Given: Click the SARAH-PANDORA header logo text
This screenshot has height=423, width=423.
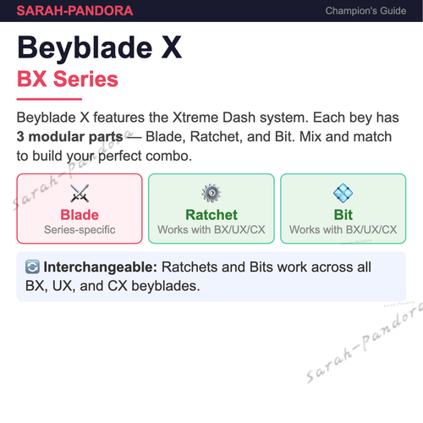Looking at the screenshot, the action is (74, 11).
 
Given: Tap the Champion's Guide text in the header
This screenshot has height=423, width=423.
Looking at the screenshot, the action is (365, 11).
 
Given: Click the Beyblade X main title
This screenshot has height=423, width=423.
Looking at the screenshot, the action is (100, 48).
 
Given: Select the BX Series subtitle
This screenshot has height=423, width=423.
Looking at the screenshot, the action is (68, 79).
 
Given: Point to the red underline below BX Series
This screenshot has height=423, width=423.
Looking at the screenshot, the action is (49, 99).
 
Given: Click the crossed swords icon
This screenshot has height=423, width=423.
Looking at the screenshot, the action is (80, 193).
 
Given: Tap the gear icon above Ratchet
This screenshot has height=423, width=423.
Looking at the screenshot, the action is (211, 193).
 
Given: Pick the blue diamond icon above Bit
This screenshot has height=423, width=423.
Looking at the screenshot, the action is (343, 193).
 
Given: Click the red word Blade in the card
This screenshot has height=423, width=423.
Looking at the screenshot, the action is (80, 215).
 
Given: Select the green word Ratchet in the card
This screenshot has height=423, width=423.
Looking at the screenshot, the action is (211, 215).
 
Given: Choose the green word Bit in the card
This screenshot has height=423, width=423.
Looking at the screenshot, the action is (343, 215).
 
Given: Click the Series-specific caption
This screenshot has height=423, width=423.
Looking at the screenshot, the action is (80, 230).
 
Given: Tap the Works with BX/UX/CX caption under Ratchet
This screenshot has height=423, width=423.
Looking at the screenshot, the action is (211, 230).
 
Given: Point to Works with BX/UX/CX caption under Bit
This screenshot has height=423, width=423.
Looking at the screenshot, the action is (343, 230).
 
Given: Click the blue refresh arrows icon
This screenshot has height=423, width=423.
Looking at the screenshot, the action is (32, 267).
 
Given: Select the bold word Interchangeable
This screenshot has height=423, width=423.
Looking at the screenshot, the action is (100, 267).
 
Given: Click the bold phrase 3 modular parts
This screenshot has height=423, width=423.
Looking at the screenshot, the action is (69, 137).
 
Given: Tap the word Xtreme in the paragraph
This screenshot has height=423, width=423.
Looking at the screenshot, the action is (195, 118).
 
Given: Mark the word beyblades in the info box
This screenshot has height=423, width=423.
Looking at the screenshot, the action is (166, 287).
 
